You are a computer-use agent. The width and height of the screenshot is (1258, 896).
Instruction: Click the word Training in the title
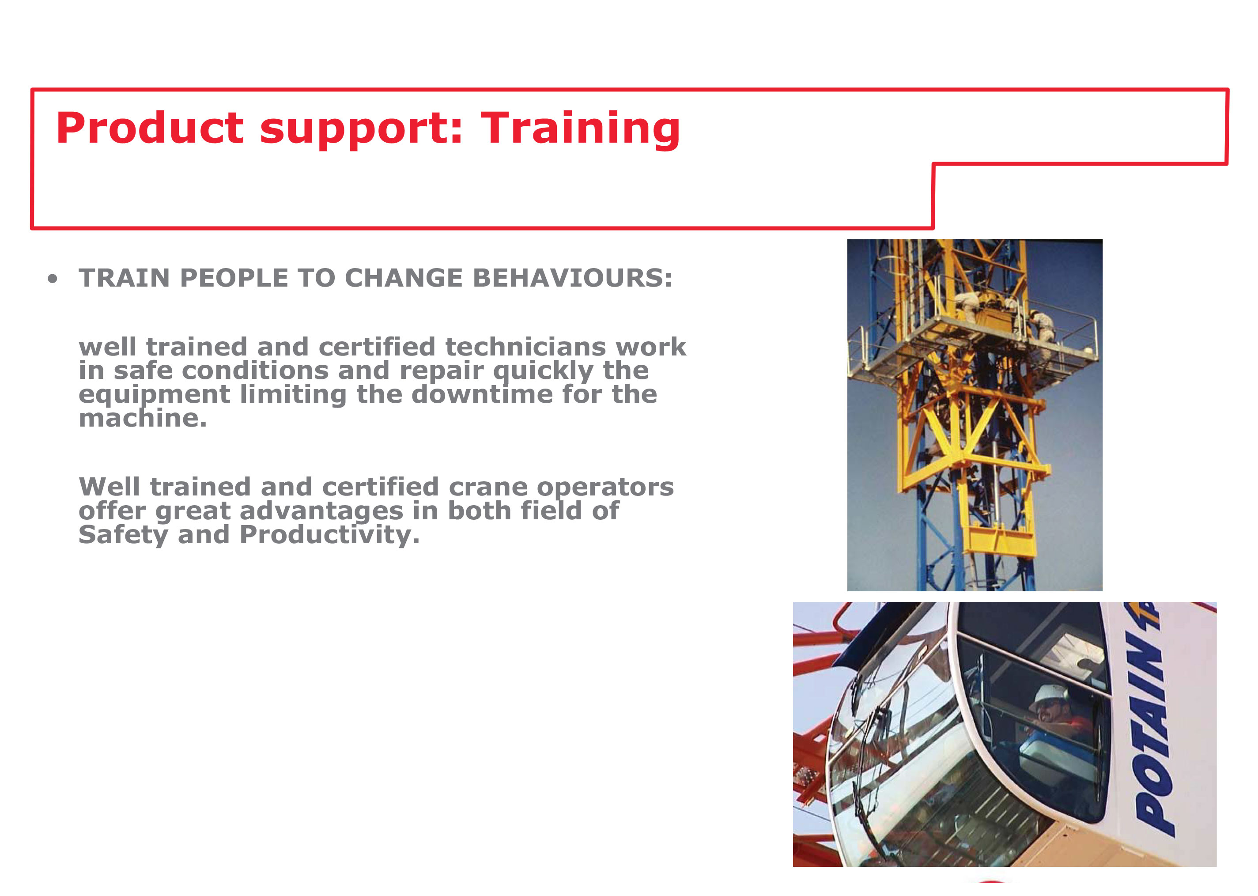point(580,129)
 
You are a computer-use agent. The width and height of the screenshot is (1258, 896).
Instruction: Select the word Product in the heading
point(149,128)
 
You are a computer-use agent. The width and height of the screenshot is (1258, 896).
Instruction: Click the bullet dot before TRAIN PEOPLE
point(53,279)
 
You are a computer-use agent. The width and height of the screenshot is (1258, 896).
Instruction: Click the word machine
point(143,418)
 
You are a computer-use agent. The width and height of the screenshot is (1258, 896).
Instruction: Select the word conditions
point(255,371)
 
